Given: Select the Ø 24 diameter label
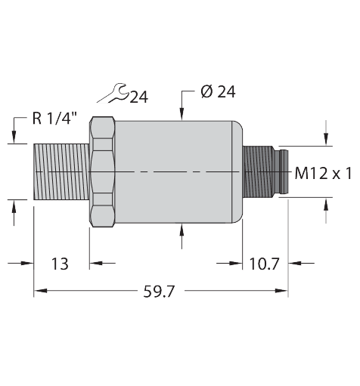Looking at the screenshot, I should point(218,91).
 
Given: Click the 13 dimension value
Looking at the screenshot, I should point(59,264).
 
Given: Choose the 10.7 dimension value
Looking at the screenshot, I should point(265,264).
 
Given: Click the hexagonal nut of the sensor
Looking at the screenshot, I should point(102,172).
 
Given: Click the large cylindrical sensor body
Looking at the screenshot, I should point(178,172).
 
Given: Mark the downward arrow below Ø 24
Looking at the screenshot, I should point(182,112).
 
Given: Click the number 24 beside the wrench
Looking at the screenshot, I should point(139,96).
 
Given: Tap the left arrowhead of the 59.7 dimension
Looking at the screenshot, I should point(40,291).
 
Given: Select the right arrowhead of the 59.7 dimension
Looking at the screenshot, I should point(283,291).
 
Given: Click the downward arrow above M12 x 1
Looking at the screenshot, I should point(326,138).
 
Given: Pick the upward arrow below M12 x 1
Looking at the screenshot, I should point(326,204).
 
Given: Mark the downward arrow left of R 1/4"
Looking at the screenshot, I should point(13,137).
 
